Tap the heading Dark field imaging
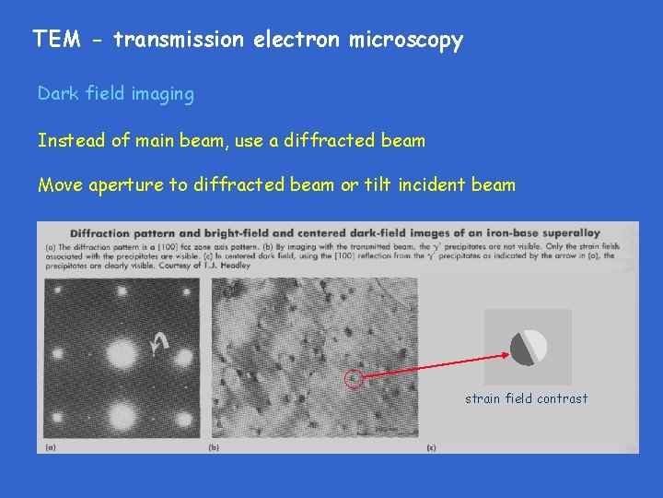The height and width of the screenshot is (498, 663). tap(116, 94)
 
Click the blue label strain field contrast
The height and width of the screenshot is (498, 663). tap(526, 398)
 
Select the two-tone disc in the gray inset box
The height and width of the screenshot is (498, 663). tap(529, 347)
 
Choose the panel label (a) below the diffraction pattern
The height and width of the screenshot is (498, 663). tap(50, 448)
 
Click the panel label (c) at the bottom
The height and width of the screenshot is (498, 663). tap(431, 448)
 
